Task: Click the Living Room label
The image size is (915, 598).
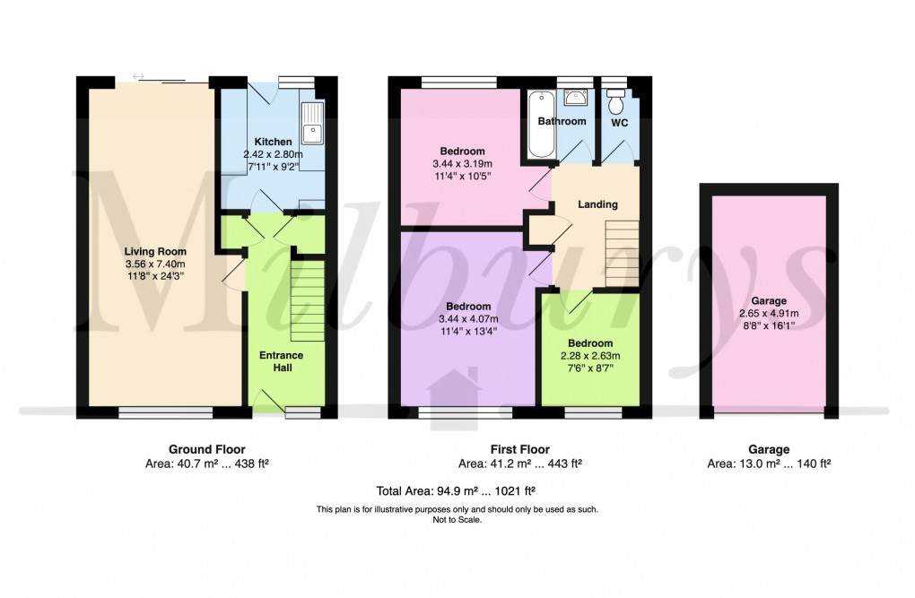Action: coord(154,252)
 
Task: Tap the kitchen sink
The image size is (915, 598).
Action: coord(312,124)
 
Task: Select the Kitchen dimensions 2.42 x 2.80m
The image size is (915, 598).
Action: coord(273,154)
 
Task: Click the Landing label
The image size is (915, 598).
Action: coord(597,204)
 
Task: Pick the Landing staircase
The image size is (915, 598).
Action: coord(621,256)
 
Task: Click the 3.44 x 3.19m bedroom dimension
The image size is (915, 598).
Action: coord(462,163)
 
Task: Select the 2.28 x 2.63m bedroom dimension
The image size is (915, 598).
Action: coord(589,356)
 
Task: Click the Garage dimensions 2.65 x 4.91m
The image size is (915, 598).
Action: coord(769,314)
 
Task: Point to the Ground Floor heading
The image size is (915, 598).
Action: coord(206,449)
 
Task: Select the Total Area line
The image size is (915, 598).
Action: coord(457,490)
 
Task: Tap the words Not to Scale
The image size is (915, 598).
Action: coord(457,519)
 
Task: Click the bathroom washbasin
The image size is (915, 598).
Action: coord(576,97)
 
